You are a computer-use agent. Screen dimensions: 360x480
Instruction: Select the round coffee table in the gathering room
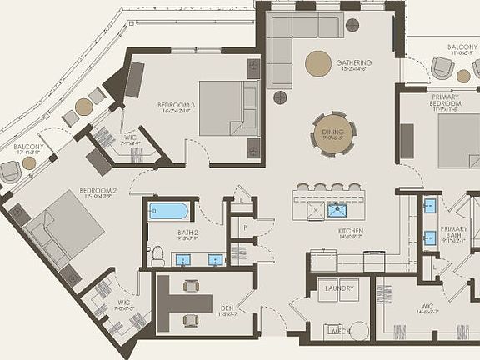pos(317,63)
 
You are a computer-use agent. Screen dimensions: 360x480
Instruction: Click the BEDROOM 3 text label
pos(176,106)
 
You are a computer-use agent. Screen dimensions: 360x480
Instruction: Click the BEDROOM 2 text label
pos(97,191)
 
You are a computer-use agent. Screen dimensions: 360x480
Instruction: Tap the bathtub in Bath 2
pos(170,210)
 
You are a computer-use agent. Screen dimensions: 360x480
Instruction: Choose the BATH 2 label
pos(187,232)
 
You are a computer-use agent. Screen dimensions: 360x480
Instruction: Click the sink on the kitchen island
pos(337,209)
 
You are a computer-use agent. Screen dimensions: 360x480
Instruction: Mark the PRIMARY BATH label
pos(454,232)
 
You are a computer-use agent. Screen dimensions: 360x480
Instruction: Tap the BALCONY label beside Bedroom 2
pos(28,147)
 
